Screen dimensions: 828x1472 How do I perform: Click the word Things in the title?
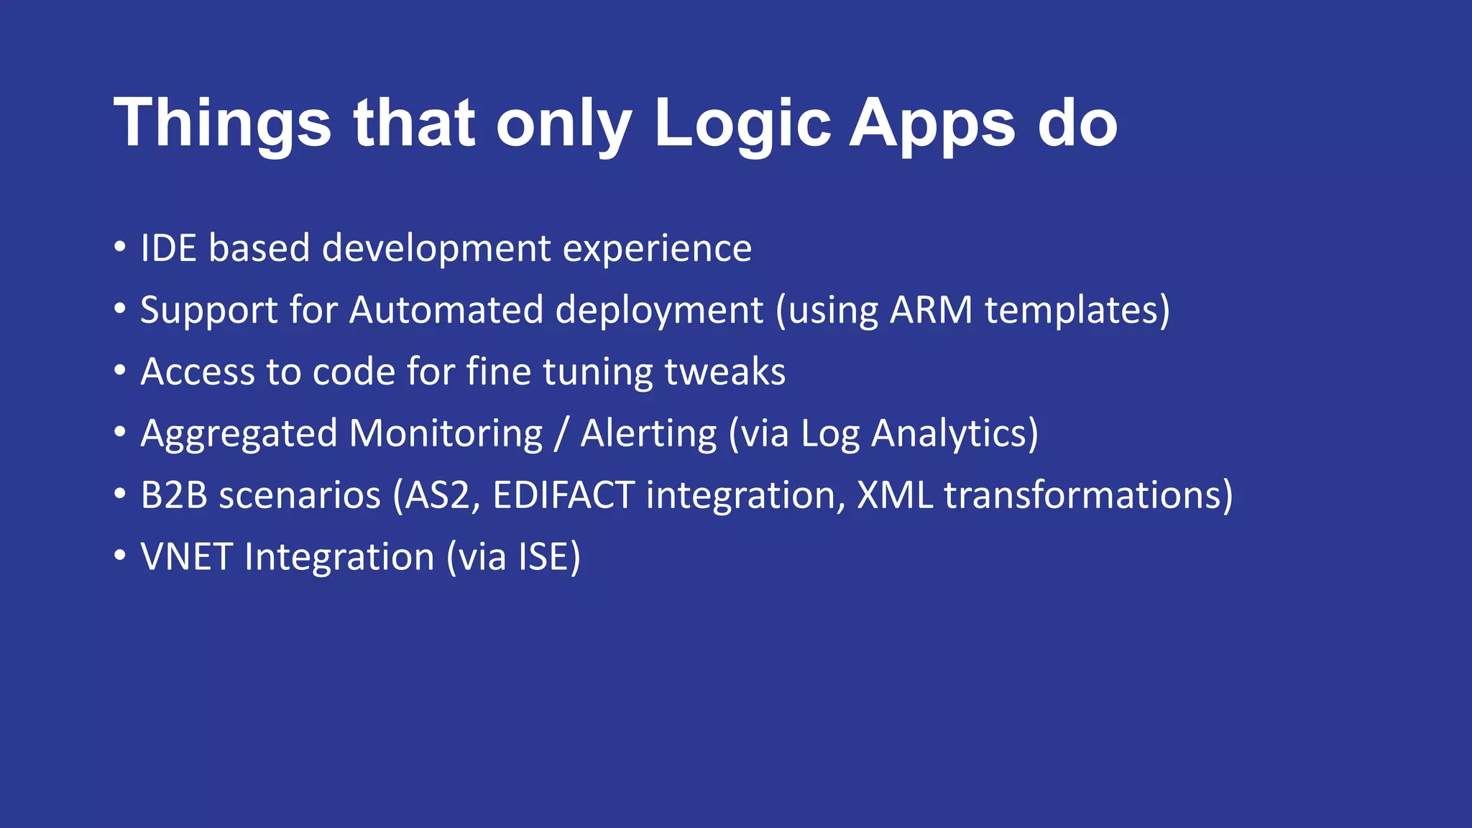coord(222,124)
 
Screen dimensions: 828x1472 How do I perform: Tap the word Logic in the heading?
coord(742,124)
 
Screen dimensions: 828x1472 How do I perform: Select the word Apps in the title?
coord(932,124)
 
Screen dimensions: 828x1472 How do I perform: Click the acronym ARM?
coord(931,310)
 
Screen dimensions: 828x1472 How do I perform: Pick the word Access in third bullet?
coord(198,372)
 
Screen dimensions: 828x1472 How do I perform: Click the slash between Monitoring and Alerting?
coord(561,434)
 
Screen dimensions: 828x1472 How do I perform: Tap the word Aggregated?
coord(239,435)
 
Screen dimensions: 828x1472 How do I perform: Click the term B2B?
coord(174,496)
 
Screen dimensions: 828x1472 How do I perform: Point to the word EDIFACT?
coord(563,496)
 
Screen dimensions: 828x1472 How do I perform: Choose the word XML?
coord(894,496)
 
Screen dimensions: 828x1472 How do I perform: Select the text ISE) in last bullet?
coord(549,558)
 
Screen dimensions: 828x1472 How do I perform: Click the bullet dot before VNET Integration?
coord(120,556)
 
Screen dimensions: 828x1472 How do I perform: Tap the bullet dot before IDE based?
coord(120,247)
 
